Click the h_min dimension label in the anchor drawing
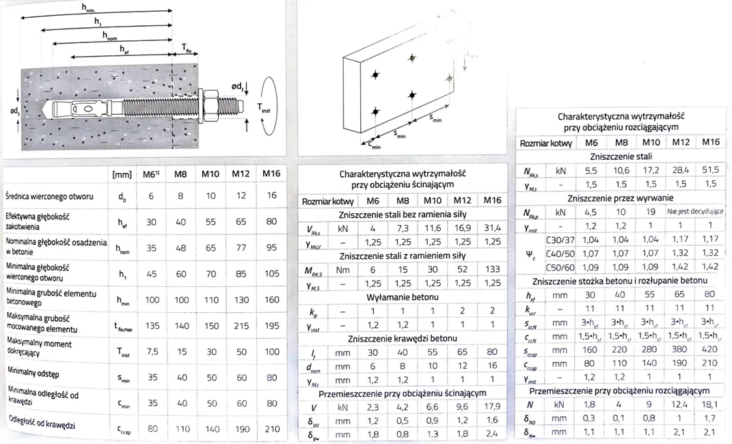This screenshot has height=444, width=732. point(88,8)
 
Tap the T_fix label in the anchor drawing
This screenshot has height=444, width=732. point(186,48)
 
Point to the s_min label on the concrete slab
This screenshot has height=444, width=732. point(436,117)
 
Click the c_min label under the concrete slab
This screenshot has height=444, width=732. point(375,145)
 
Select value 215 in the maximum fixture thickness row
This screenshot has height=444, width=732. point(241,326)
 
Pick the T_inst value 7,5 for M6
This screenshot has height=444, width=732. point(152,351)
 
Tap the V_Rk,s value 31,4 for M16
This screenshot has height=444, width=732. point(492,227)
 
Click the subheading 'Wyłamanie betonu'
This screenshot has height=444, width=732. point(403,297)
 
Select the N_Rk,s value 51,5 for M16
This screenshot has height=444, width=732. point(711,169)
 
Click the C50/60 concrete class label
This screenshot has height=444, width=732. point(560,267)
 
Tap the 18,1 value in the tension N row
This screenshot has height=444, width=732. point(711,404)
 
